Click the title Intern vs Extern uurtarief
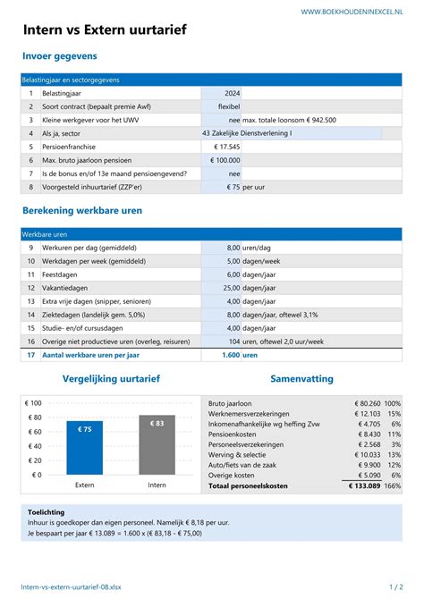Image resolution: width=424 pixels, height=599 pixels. [105, 30]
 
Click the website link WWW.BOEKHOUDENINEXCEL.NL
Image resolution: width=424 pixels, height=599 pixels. [351, 11]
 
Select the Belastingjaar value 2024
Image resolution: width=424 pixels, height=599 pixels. [232, 93]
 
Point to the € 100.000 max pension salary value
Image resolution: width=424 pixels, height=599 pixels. [225, 160]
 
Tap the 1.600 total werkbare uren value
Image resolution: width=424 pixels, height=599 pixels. [230, 355]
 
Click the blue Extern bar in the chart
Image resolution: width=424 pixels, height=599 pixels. [84, 447]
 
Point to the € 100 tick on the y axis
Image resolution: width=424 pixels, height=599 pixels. [33, 404]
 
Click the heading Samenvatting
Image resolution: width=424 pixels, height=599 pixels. [301, 378]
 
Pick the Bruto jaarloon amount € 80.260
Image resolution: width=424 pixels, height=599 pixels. [361, 403]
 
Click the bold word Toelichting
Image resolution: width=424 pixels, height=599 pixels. [47, 512]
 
